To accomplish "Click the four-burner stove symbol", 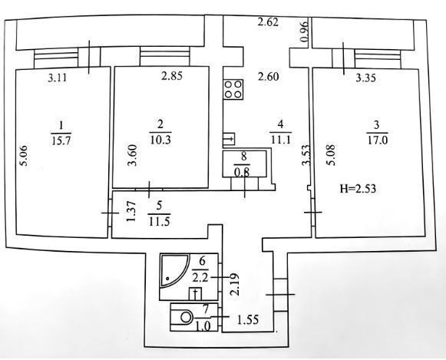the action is (233, 89).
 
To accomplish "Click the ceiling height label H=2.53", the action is (358, 189).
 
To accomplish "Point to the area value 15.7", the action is (61, 140).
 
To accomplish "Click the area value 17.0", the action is (378, 140).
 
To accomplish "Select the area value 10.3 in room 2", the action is (160, 140).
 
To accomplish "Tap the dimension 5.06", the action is (23, 156).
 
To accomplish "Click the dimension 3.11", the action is (58, 78).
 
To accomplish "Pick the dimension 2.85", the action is (172, 76).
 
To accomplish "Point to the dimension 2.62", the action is (268, 22).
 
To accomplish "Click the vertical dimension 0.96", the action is (304, 31).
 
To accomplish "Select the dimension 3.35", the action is (366, 78).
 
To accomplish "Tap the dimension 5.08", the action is (332, 155).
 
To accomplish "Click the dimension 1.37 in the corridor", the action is (131, 212).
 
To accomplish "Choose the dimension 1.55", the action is (248, 320).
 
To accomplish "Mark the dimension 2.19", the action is (235, 285).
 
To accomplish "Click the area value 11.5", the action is (159, 221).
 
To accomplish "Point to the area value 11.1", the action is (280, 140).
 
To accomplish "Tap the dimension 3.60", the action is (133, 155).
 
